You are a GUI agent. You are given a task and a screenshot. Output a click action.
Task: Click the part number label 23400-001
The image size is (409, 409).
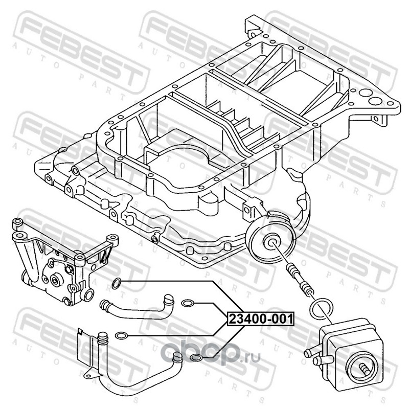pyautogui.click(x=261, y=319)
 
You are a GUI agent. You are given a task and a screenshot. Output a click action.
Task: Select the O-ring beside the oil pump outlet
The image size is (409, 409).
pyautogui.click(x=117, y=284)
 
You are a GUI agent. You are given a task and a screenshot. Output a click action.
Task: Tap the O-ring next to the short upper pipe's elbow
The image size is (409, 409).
pyautogui.click(x=187, y=303)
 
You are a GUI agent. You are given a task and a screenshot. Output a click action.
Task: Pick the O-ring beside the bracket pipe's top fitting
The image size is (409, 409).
pyautogui.click(x=121, y=336)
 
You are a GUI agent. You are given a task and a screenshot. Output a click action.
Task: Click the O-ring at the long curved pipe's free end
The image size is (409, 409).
pyautogui.click(x=196, y=358)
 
